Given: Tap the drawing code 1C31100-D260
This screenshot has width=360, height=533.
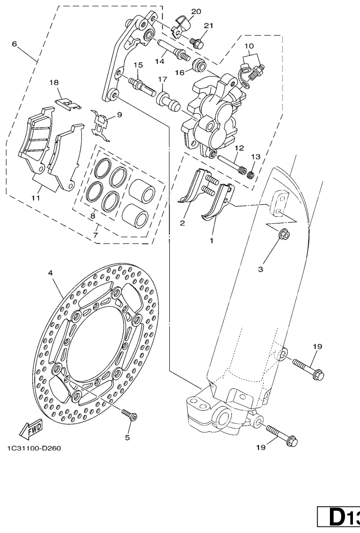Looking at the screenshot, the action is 34,448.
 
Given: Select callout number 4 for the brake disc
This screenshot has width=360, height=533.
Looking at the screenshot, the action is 50,273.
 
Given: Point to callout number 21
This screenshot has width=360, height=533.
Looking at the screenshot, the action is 208,25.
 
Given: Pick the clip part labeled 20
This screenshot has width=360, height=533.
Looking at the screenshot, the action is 180,26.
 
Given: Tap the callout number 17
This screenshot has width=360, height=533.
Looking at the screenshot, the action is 163,79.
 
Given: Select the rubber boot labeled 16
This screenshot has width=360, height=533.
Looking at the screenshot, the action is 199,65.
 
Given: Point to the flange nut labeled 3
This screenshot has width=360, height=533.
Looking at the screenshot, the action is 283,235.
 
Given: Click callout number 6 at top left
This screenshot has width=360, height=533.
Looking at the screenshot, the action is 14,44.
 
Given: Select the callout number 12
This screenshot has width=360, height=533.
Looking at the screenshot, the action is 239,148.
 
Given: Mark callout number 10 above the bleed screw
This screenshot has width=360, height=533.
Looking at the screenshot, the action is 249,46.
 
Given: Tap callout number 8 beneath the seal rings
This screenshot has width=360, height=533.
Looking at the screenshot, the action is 93,216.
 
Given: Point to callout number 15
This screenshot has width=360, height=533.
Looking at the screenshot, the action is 138,65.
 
